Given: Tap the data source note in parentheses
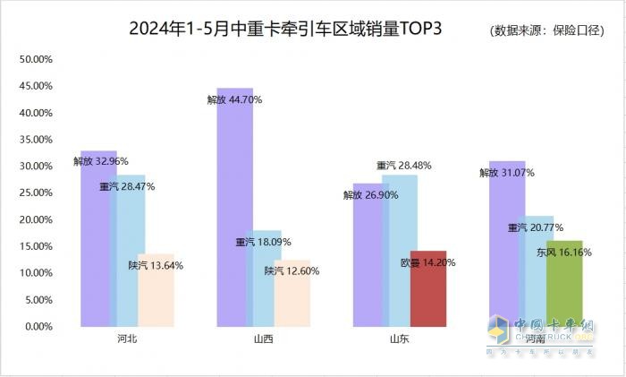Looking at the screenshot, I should coord(552,30).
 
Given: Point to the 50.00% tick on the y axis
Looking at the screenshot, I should coord(37,60).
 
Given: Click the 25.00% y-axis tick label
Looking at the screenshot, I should coord(37,193).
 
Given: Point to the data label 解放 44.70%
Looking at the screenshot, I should coord(234,100).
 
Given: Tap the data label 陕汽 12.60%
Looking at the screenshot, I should coord(292,270).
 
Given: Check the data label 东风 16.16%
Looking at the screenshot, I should coord(563,253).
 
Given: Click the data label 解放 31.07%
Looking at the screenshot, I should coord(507,172).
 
